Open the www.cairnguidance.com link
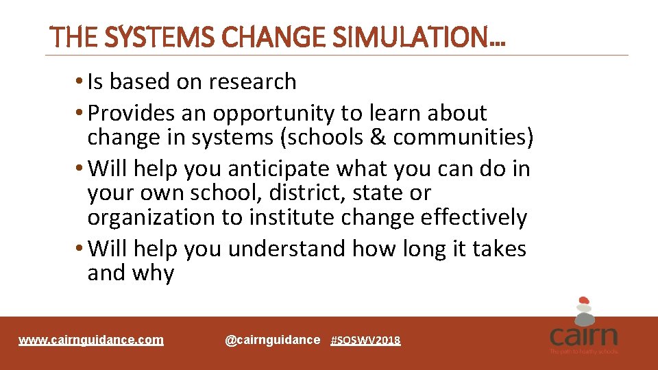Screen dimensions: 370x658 pyautogui.click(x=91, y=340)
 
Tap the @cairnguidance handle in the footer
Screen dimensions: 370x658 pyautogui.click(x=272, y=340)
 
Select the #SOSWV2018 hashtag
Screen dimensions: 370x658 pyautogui.click(x=365, y=341)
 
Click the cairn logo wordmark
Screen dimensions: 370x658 pyautogui.click(x=583, y=336)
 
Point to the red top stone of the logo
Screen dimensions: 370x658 pyautogui.click(x=583, y=300)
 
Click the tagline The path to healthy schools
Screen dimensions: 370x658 pyautogui.click(x=583, y=351)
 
